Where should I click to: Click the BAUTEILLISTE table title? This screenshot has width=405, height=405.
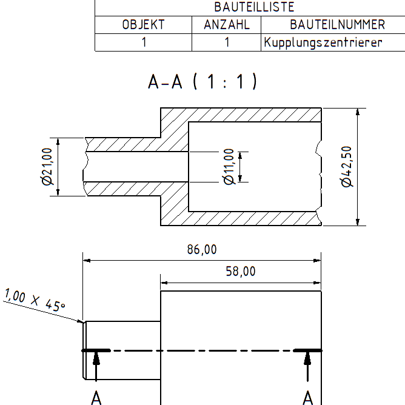tap(254, 7)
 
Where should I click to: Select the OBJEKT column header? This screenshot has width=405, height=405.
tap(143, 25)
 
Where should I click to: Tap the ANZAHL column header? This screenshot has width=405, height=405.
tap(227, 25)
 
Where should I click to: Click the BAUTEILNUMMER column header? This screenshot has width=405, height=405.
tap(337, 25)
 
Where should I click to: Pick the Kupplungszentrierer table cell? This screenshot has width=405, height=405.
tap(323, 42)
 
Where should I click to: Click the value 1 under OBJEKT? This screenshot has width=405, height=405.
tap(144, 42)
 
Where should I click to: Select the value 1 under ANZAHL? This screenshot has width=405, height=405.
tap(227, 42)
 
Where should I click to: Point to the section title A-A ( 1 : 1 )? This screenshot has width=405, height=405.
tap(202, 82)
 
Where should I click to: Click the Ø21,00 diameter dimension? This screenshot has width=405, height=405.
tap(47, 167)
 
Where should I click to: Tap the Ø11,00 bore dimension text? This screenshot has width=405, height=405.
tap(229, 167)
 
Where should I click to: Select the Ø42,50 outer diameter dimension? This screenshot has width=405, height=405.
tap(347, 167)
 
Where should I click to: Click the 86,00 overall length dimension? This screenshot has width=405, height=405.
tap(202, 250)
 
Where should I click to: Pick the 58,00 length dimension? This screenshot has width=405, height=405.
tap(241, 272)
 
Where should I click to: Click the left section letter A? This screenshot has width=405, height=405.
tap(96, 398)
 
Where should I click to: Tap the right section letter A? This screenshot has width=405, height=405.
tap(308, 398)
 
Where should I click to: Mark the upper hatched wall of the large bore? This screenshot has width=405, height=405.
tap(255, 115)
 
